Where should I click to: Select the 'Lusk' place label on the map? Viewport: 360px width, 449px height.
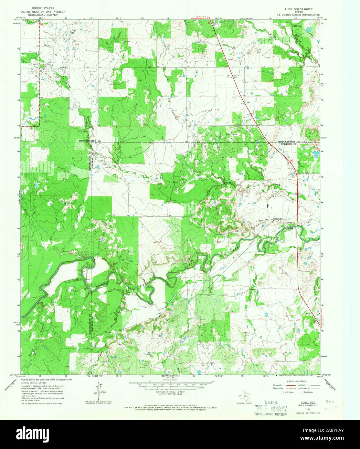click(248, 103)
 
